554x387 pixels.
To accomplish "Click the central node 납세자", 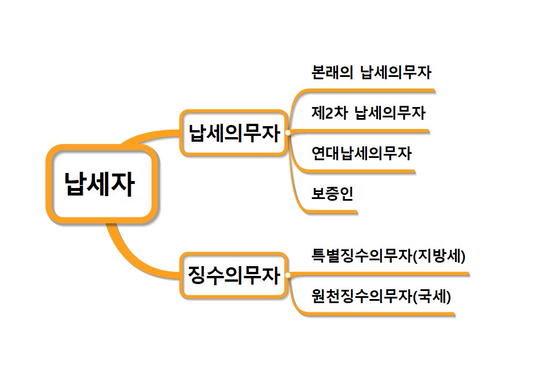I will tap(101, 185).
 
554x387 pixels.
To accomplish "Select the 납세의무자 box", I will tap(233, 132).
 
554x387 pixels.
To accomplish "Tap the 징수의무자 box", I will tap(233, 275).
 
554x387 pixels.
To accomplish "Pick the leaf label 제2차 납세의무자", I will tap(369, 113).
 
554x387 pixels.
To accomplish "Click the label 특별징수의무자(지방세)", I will tap(388, 255).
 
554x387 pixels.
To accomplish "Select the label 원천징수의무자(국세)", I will tap(381, 297).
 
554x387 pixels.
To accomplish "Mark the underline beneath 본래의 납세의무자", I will tap(370, 90).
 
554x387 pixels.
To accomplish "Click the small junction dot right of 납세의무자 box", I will tap(288, 132).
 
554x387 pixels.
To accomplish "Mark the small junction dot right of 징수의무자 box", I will tap(288, 275).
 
